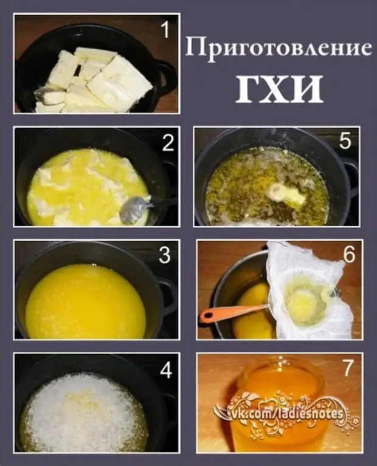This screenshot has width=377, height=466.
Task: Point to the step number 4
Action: click(x=165, y=370)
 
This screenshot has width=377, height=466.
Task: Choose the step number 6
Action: click(x=349, y=255)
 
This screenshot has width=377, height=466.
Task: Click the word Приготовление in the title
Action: click(x=278, y=48)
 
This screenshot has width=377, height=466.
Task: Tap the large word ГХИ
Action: click(x=279, y=89)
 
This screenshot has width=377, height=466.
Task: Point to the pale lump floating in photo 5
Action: click(x=286, y=193)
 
